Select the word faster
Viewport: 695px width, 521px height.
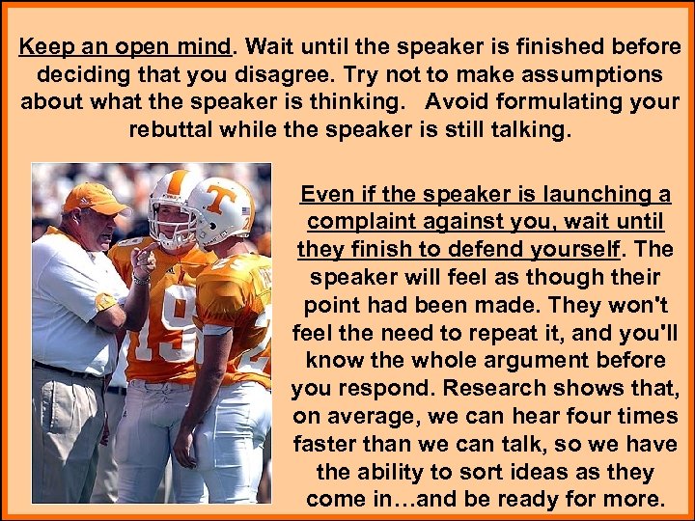tap(333, 444)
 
